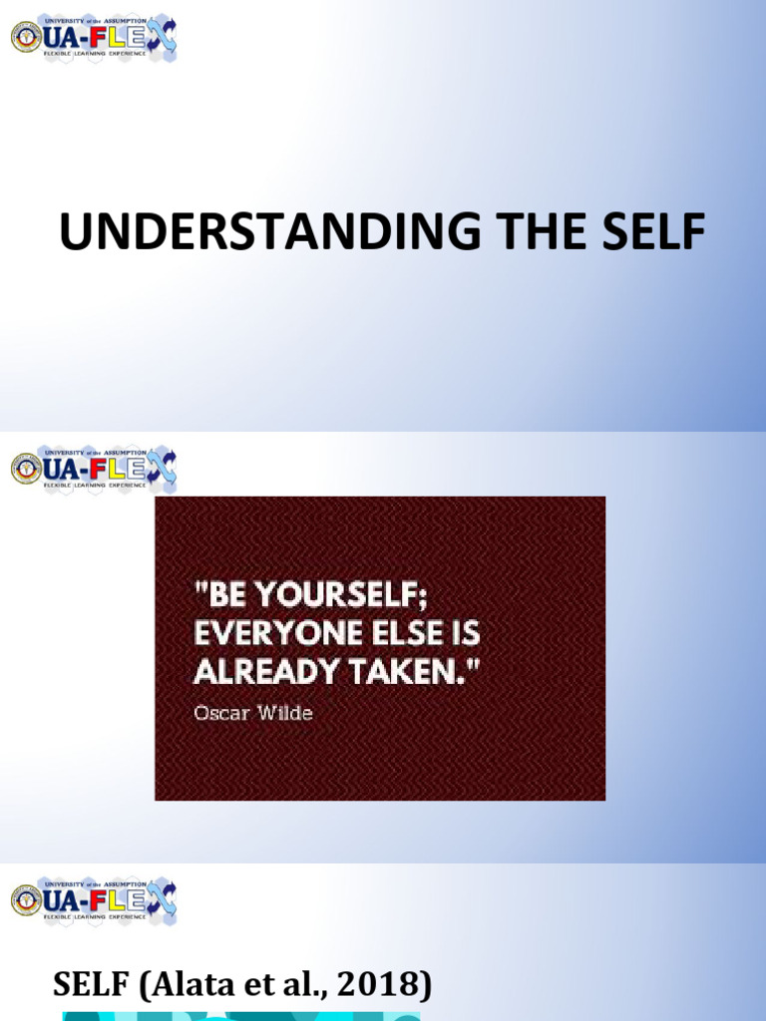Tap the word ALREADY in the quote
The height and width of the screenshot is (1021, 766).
point(261,672)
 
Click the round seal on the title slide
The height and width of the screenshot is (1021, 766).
point(26,38)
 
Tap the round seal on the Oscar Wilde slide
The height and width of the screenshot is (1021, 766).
point(26,469)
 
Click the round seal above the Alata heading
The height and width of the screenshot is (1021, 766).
point(26,900)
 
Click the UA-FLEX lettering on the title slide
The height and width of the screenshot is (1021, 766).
point(100,38)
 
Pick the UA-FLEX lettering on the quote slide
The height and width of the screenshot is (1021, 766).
point(100,469)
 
